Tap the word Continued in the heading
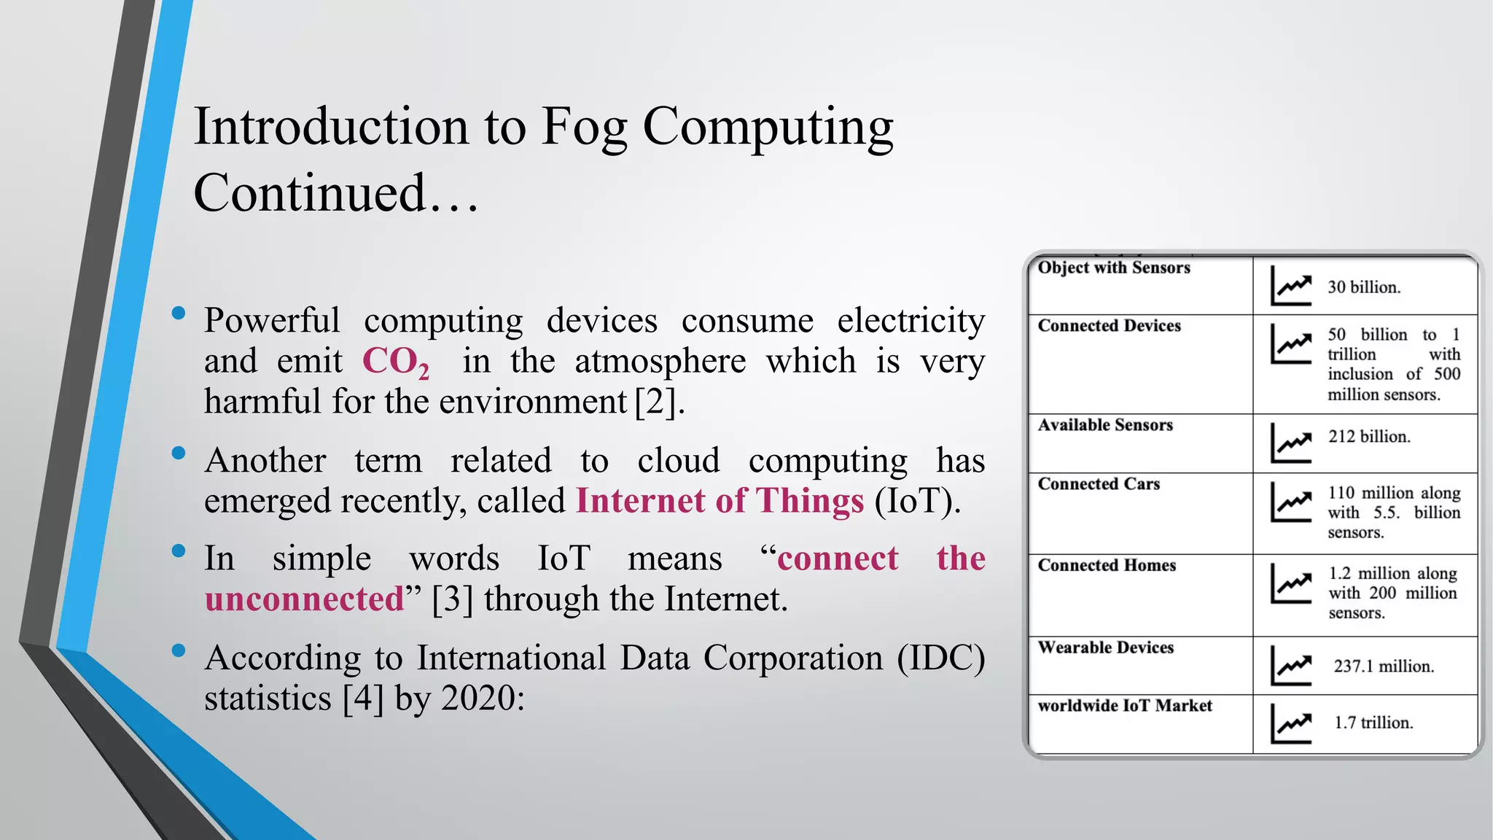click(x=309, y=193)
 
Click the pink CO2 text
click(x=395, y=362)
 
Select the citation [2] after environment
click(x=659, y=402)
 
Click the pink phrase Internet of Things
click(x=720, y=501)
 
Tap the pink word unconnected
click(x=304, y=599)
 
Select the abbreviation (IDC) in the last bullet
click(x=941, y=658)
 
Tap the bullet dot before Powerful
click(x=179, y=314)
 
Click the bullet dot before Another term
click(x=179, y=454)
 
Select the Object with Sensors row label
click(x=1113, y=268)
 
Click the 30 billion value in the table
click(x=1363, y=287)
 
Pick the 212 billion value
click(x=1368, y=437)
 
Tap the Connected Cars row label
click(x=1098, y=484)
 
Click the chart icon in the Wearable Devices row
click(x=1290, y=665)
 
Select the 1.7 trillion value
click(x=1373, y=723)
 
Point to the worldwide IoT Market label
click(x=1124, y=706)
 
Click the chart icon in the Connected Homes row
click(x=1290, y=583)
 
